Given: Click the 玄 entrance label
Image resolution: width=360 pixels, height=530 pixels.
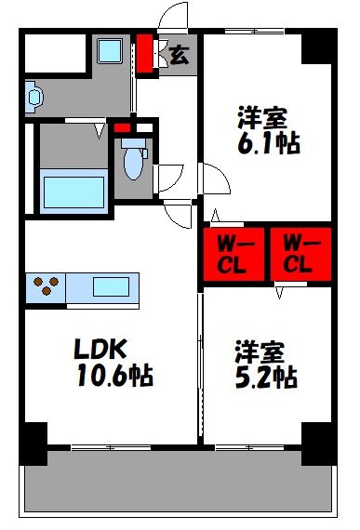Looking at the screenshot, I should (x=177, y=54).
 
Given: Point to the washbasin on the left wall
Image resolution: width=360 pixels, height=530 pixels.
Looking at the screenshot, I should (x=33, y=95).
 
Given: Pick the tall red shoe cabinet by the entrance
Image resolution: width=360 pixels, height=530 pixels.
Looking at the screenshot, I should (x=145, y=53).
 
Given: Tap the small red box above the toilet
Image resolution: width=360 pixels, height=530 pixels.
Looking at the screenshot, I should (x=121, y=127).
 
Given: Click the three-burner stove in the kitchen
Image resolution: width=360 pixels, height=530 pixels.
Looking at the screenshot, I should (x=45, y=286).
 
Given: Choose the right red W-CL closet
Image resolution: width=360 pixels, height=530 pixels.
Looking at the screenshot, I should (x=300, y=252).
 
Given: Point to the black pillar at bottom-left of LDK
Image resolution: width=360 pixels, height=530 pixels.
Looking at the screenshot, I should (x=34, y=443).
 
